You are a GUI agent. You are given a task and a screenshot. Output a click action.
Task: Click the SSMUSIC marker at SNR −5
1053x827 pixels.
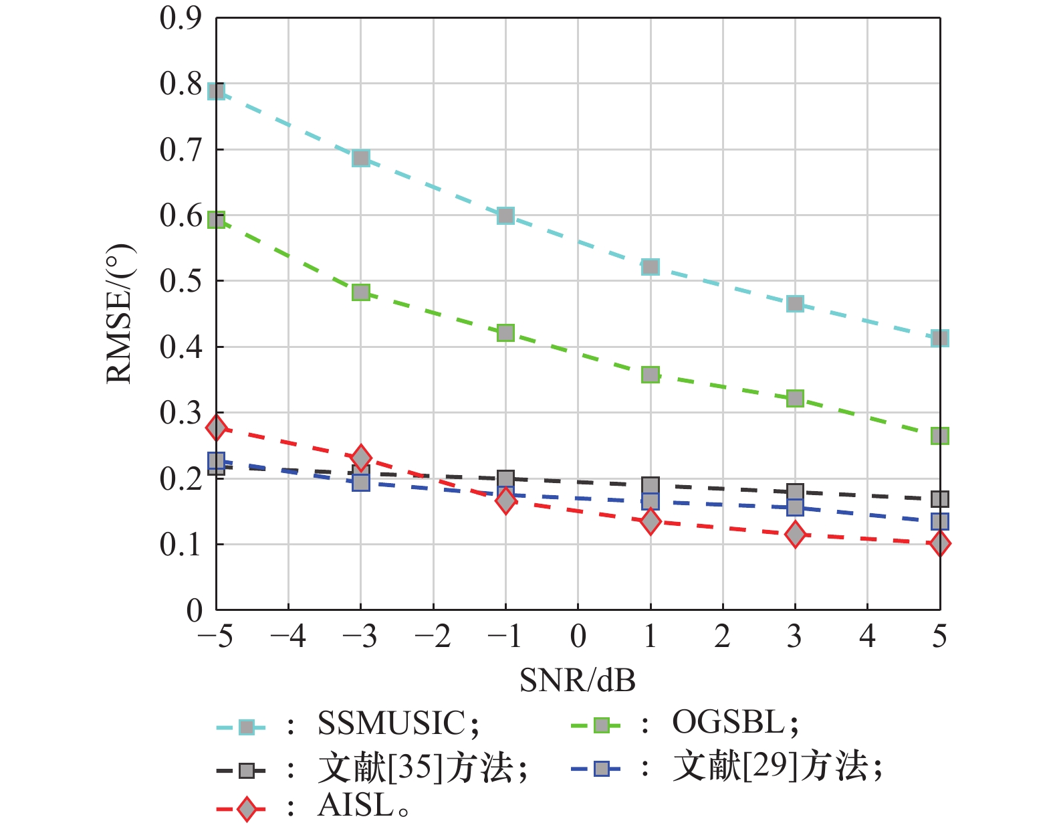(x=216, y=91)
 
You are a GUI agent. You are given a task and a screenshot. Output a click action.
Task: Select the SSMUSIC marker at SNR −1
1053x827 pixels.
(x=505, y=215)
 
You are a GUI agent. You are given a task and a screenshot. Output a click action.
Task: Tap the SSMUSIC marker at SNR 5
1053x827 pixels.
(x=939, y=338)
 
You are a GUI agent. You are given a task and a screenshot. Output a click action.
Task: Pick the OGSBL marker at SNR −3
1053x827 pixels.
(x=361, y=292)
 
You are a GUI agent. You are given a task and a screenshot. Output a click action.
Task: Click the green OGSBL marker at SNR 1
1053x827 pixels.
(x=651, y=375)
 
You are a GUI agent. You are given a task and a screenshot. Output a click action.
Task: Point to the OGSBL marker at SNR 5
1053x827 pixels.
(x=939, y=436)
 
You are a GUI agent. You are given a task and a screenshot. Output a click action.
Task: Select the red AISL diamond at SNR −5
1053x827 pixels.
(x=216, y=428)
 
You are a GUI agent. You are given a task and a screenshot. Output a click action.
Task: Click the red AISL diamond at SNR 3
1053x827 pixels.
(x=795, y=534)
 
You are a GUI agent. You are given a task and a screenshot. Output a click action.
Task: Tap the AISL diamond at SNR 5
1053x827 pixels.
(x=939, y=543)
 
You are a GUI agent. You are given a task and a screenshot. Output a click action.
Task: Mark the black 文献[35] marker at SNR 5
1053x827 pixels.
(x=939, y=499)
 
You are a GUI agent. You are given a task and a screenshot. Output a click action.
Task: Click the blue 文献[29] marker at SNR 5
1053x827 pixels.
(x=939, y=521)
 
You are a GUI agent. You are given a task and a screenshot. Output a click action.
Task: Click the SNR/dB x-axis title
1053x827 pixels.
(x=578, y=680)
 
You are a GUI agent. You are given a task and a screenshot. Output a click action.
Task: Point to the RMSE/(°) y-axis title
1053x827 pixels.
(x=120, y=314)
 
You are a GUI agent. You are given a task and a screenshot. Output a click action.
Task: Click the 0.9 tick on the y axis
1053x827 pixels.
(x=181, y=19)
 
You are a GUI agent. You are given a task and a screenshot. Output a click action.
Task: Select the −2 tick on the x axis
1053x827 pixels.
(x=433, y=636)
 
